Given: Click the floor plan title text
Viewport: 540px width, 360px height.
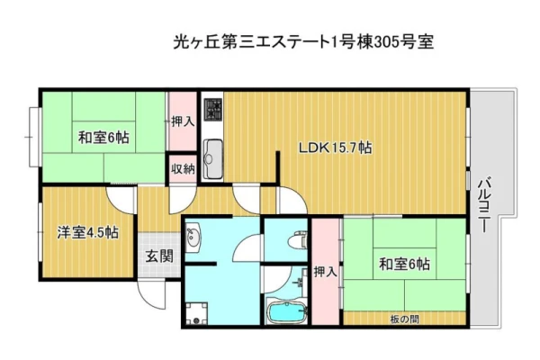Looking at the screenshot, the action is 303,42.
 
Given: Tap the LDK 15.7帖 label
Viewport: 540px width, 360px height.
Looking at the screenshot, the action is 335,148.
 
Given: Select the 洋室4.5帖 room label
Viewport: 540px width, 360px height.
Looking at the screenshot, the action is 88,232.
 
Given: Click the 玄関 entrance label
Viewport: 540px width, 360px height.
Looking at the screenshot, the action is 158,256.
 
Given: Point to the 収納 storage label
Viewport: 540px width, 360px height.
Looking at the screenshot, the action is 183,169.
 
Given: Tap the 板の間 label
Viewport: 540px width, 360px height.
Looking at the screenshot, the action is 404,319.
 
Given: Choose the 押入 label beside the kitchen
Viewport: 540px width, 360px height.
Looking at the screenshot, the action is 183,121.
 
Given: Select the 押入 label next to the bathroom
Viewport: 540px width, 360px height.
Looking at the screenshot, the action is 325,272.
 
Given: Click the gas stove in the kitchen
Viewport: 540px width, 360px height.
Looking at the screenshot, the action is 213,110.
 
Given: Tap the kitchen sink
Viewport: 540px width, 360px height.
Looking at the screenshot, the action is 212,158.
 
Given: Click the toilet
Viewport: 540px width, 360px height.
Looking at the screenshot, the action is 298,239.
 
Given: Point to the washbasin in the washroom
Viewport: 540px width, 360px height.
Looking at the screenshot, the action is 193,237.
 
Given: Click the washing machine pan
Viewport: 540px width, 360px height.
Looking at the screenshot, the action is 196,313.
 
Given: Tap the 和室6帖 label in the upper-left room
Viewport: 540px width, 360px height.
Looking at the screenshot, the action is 103,138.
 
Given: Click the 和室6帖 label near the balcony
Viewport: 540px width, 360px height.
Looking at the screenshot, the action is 404,264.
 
